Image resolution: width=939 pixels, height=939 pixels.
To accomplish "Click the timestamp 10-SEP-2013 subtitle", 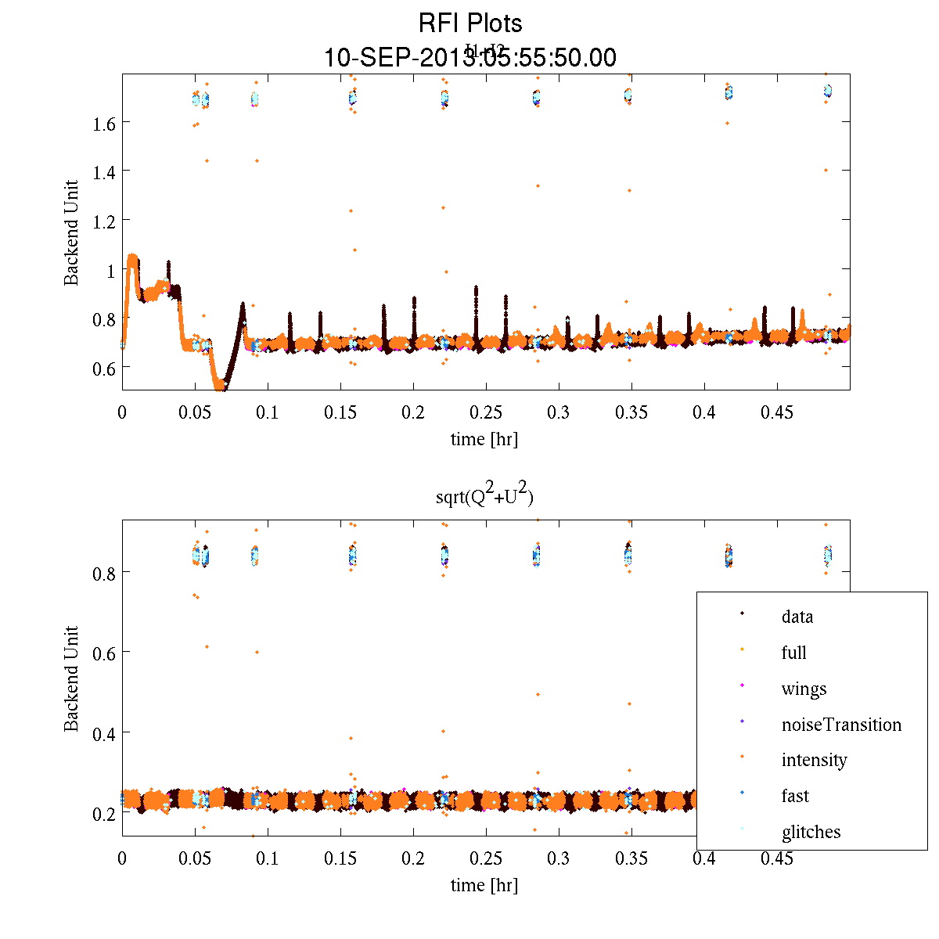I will point(469,58).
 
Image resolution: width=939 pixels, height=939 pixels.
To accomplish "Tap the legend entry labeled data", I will point(797,617).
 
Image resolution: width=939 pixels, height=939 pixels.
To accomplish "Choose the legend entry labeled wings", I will point(804,689).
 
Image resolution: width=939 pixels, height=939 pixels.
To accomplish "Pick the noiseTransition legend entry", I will point(841,725).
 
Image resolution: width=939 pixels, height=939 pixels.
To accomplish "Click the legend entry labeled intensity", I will point(814,760).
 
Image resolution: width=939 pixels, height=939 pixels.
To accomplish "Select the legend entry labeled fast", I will point(795,796).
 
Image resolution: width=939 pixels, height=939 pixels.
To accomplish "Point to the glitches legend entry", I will point(811,832).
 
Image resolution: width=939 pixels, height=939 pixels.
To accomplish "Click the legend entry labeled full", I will point(793,653).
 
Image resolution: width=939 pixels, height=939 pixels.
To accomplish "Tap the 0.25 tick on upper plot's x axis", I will point(486,412).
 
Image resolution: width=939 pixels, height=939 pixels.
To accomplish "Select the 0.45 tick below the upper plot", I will point(777,412).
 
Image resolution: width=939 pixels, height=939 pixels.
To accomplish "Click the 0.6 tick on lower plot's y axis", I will point(103,653).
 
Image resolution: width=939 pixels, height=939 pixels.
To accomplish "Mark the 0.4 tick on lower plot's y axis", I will point(103,733).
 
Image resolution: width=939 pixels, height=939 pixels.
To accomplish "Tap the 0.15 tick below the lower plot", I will point(340,858).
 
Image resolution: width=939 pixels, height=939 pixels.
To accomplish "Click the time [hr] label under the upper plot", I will point(484,439).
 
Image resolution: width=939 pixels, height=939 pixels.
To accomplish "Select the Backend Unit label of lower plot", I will point(72,678).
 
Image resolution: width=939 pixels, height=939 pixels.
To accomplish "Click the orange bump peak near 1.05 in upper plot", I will point(132,257).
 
